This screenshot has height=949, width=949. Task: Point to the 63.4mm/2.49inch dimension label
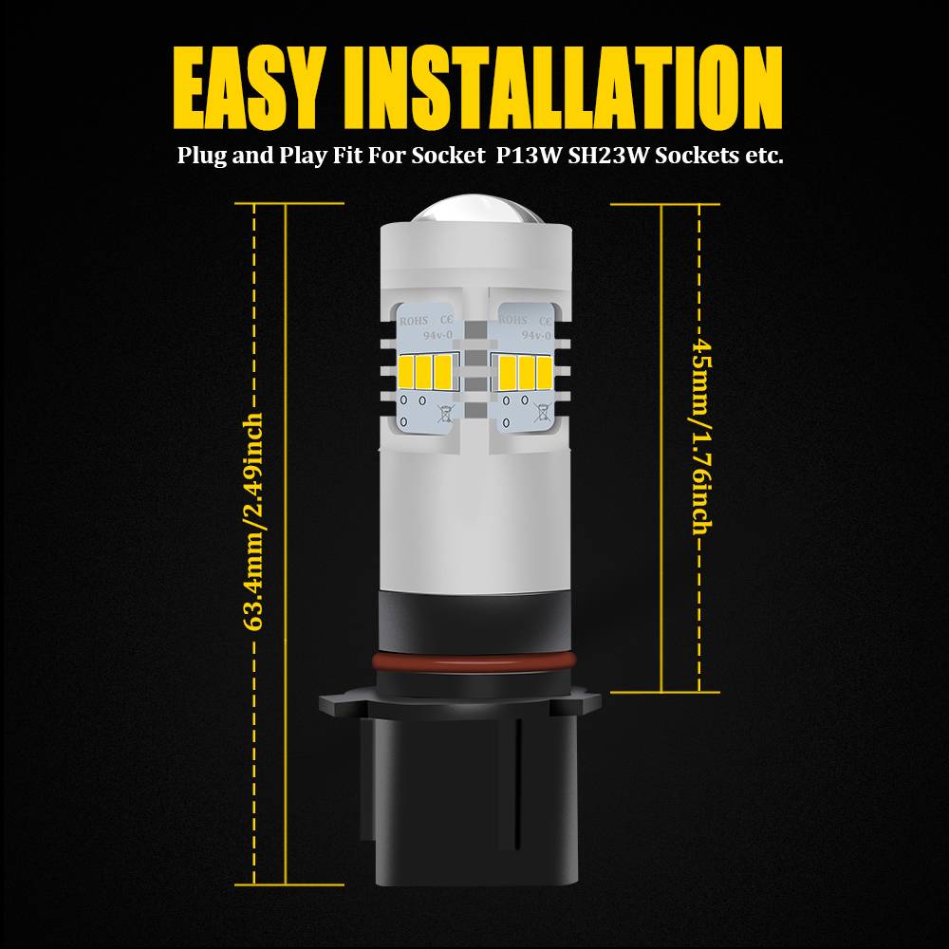254,522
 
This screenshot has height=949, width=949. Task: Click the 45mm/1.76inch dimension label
702,437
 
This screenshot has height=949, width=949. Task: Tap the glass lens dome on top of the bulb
475,209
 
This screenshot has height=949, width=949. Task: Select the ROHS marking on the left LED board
414,321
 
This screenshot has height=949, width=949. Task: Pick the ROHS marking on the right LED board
513,320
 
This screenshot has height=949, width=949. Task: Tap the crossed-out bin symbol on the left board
445,414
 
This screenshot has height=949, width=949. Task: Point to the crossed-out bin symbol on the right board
542,412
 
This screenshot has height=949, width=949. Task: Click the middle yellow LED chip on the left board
423,372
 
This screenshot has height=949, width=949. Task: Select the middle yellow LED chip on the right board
526,372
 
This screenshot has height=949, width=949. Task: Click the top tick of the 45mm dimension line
664,204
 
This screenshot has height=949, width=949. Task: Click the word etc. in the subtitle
768,157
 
